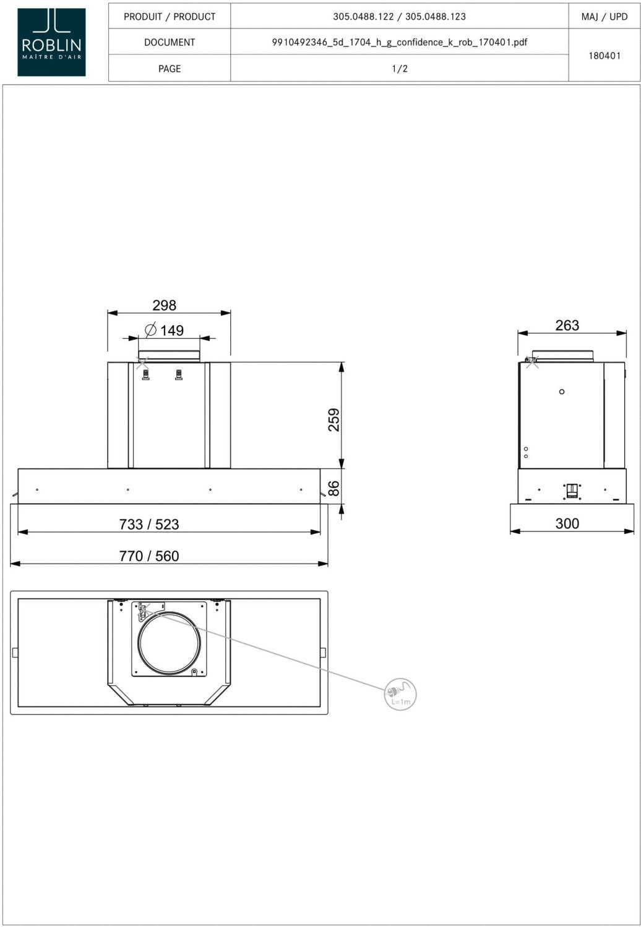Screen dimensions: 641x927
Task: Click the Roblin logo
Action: [51, 42]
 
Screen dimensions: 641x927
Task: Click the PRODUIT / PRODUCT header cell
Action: [170, 17]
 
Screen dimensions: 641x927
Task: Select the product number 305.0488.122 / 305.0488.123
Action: [400, 17]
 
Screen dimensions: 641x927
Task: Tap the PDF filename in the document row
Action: [400, 42]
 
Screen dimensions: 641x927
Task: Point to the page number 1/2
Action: [400, 69]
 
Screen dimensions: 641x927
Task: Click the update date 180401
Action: [604, 56]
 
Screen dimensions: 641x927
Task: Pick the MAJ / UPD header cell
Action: [604, 17]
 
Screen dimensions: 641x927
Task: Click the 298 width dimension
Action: [165, 305]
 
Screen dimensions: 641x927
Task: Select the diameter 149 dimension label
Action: [165, 330]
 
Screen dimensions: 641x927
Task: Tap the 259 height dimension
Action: [334, 420]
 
